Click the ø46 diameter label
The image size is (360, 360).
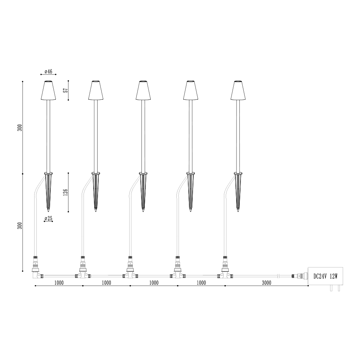pyautogui.click(x=49, y=71)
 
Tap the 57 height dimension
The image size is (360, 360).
pyautogui.click(x=66, y=90)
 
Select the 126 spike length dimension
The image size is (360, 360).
pyautogui.click(x=66, y=192)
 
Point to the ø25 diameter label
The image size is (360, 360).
pyautogui.click(x=49, y=219)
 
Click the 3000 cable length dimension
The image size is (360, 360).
pyautogui.click(x=266, y=283)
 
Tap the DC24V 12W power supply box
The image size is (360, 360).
pyautogui.click(x=325, y=276)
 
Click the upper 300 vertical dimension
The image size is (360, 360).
pyautogui.click(x=20, y=128)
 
